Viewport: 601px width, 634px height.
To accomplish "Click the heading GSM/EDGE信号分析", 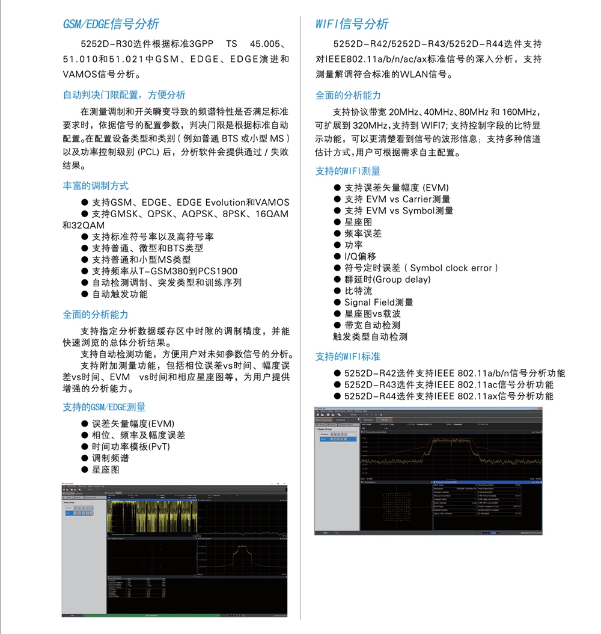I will point(111,24).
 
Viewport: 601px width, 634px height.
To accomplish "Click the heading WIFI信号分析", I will point(352,24).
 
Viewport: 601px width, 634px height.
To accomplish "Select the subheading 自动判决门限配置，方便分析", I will point(124,95).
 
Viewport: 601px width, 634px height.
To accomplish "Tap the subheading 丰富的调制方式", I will point(96,186).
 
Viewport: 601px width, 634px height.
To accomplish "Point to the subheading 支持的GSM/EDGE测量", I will point(104,407).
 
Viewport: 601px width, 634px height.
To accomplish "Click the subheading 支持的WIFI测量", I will point(348,171).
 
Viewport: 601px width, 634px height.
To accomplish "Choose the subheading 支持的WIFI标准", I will point(348,357).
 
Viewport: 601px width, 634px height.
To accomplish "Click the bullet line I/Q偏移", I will point(359,256).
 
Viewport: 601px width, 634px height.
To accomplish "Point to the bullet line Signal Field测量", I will point(379,303).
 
